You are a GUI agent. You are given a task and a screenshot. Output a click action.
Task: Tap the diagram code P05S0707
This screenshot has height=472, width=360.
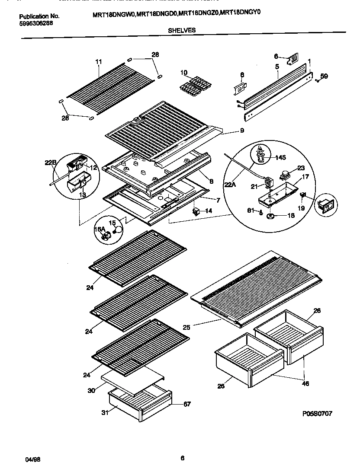317,414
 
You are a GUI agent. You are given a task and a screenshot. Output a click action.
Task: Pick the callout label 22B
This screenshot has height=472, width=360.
51,163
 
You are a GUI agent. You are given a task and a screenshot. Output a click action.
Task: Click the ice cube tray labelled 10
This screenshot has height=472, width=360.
193,84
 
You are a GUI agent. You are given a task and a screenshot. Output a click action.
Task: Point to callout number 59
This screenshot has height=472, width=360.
324,76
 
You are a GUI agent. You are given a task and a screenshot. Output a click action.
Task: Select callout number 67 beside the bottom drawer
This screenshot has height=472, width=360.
186,404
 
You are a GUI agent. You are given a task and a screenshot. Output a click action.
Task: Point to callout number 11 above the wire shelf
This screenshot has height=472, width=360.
98,62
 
